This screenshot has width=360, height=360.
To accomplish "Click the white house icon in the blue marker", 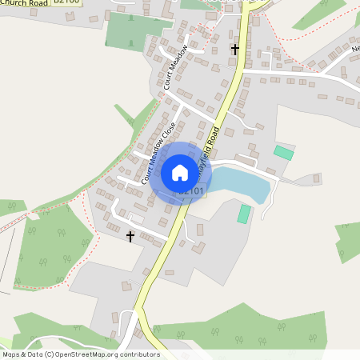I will pos(179,172).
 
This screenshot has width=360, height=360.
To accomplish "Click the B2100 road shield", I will pos(68,3).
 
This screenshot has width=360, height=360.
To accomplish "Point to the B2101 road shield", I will pos(191,191).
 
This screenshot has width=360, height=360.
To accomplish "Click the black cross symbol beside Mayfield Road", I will pos(235,50).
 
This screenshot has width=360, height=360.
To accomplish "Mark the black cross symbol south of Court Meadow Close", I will pos(130,237).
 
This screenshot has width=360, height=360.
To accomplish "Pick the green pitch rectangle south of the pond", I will pos(244,214).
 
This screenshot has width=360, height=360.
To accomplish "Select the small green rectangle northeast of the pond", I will pos(283,152).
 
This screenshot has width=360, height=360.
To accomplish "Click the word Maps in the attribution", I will pos(11,354).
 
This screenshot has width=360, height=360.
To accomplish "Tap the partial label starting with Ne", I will pos(355,48).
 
